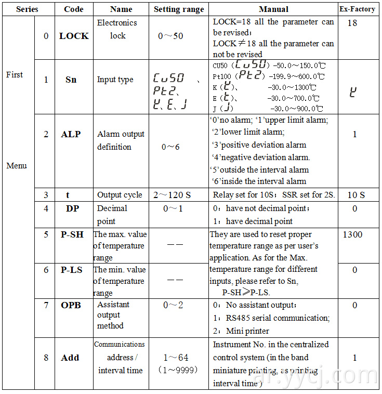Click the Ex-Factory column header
click(357, 9)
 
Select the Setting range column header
click(179, 9)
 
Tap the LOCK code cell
click(74, 36)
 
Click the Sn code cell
click(71, 80)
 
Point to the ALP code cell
click(71, 134)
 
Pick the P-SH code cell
click(72, 234)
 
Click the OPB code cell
click(71, 305)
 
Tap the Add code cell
click(70, 358)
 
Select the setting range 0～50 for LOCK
click(170, 36)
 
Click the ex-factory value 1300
click(353, 234)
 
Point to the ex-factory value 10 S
click(355, 195)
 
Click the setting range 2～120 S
click(172, 195)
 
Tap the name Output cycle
click(120, 195)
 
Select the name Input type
click(115, 80)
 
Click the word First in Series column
click(15, 75)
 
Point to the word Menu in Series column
click(17, 166)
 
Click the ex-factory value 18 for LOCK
click(352, 23)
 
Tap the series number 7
click(46, 305)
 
